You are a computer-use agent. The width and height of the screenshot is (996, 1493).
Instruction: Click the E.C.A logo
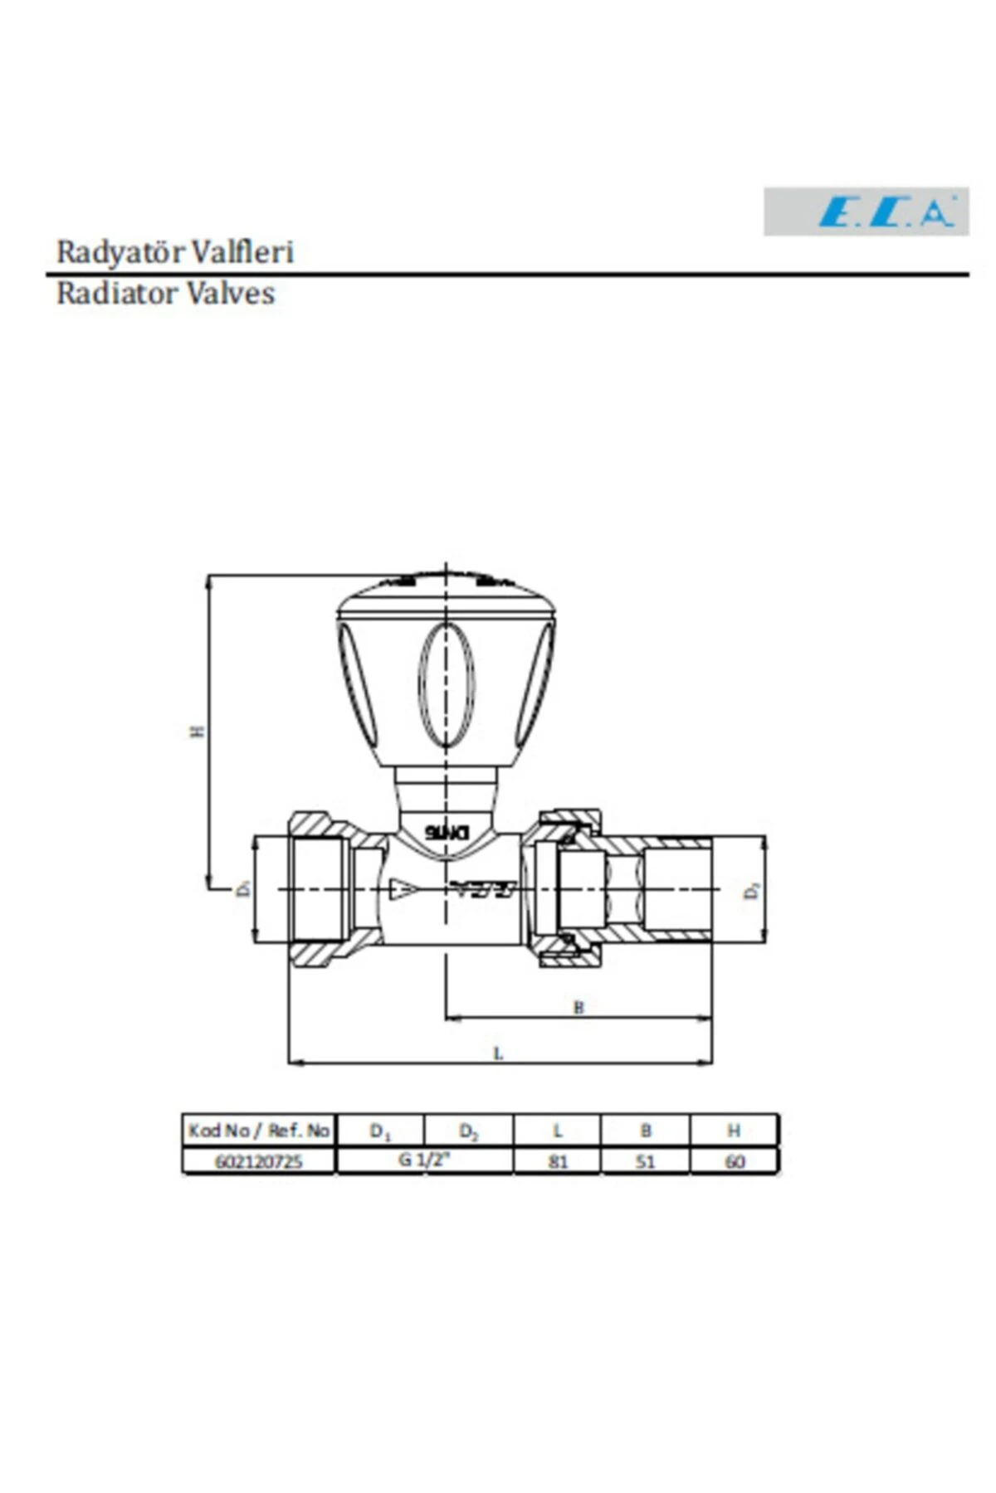866,212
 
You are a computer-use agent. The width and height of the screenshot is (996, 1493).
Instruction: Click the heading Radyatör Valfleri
175,251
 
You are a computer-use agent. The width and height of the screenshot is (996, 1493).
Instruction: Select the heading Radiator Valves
165,293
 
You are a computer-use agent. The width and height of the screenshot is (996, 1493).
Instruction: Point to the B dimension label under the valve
579,1007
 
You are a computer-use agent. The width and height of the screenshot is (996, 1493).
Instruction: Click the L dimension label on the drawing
499,1053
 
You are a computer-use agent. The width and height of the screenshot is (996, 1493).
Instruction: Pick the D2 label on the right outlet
752,891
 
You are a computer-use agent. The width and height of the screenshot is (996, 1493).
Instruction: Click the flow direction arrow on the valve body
405,888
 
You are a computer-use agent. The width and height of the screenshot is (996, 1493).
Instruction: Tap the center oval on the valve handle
447,684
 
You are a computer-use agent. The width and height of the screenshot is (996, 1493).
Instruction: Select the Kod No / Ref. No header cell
259,1131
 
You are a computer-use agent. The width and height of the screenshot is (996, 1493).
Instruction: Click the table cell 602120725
259,1161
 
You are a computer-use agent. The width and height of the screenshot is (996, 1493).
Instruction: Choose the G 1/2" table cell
424,1160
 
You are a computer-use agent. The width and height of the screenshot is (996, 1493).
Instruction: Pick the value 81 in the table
558,1161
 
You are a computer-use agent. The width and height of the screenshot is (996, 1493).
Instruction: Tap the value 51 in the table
645,1161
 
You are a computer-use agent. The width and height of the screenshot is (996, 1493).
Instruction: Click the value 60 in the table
735,1161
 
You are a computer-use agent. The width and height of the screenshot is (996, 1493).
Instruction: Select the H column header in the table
735,1131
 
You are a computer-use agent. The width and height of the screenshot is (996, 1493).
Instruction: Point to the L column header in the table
558,1131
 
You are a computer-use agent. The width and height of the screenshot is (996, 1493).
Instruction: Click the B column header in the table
645,1131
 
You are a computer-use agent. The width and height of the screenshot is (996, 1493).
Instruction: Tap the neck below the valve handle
447,792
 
